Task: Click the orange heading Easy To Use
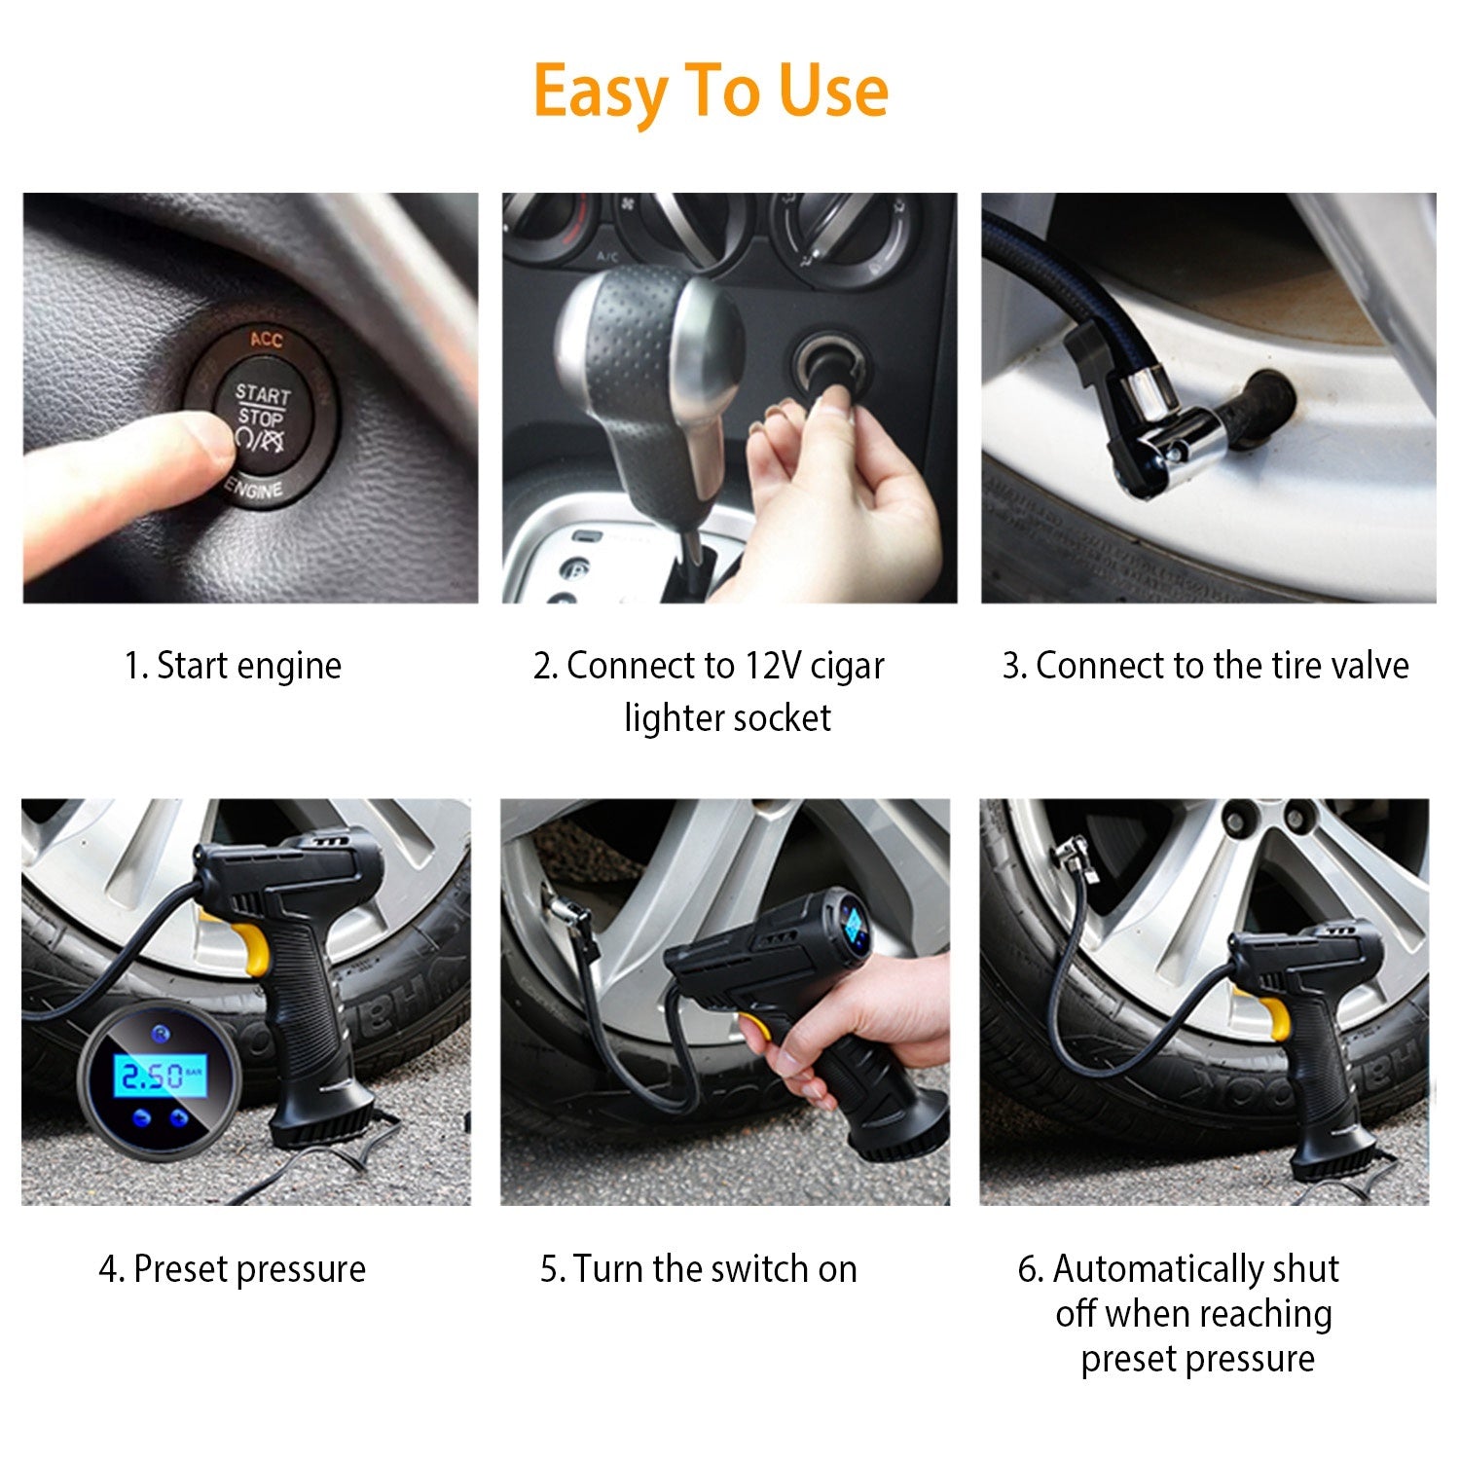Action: tap(711, 91)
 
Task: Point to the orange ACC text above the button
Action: tap(266, 339)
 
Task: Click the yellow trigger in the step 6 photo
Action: tap(1275, 1017)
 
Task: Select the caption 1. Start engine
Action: tap(233, 666)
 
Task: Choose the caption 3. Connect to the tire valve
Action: tap(1205, 666)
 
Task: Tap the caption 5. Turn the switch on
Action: tap(698, 1269)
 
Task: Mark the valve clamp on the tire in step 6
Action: tap(1071, 857)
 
